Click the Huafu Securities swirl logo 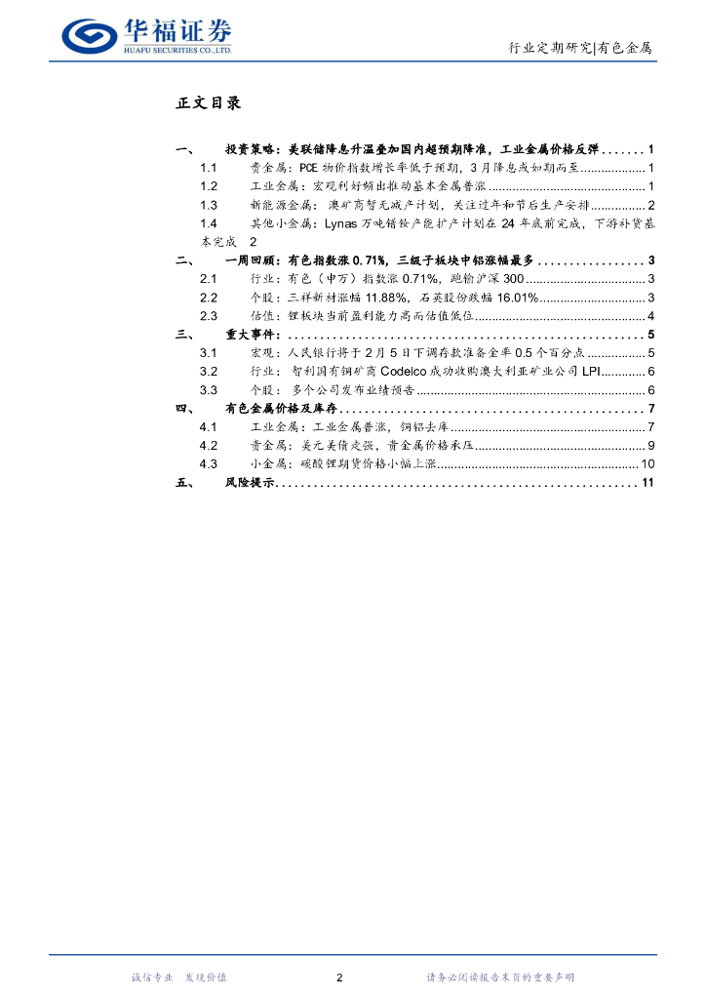pyautogui.click(x=88, y=35)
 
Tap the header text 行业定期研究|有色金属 pyautogui.click(x=580, y=47)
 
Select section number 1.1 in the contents pyautogui.click(x=207, y=168)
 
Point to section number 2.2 pyautogui.click(x=207, y=297)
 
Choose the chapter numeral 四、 pyautogui.click(x=184, y=409)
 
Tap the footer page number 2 pyautogui.click(x=338, y=978)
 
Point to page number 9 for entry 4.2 pyautogui.click(x=649, y=446)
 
